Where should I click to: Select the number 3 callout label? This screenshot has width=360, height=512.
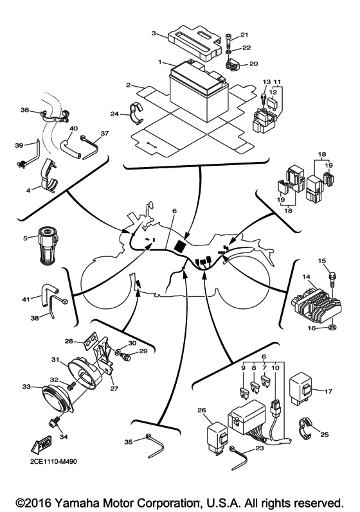[154, 33]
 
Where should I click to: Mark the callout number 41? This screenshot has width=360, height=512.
[26, 299]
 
